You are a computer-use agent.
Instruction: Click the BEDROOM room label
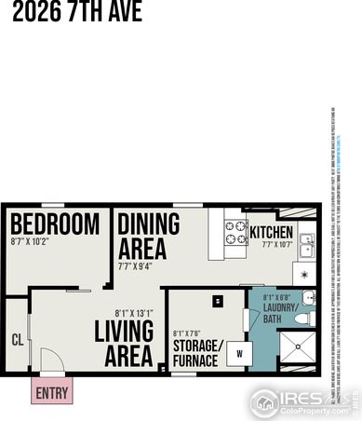click(x=54, y=224)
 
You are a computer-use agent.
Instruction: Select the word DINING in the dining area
click(x=141, y=224)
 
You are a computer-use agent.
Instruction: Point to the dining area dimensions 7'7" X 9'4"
click(x=140, y=265)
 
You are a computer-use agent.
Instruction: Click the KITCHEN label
click(x=271, y=233)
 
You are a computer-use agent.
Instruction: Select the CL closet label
click(x=15, y=340)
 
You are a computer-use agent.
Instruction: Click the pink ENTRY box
click(x=51, y=392)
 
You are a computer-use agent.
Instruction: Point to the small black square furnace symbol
click(x=217, y=301)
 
